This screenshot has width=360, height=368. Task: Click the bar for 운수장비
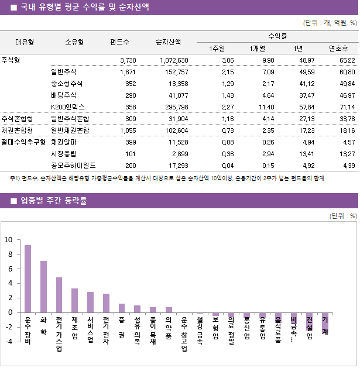[x=28, y=278]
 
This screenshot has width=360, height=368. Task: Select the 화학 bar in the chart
[x=43, y=287]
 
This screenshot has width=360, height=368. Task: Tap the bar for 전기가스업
[x=59, y=295]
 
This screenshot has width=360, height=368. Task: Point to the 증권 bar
[x=122, y=308]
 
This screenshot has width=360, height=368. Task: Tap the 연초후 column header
[x=338, y=49]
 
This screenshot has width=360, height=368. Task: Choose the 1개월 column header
[x=257, y=49]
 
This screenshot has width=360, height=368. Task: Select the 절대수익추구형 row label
[x=23, y=142]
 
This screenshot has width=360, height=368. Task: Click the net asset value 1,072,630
[x=173, y=60]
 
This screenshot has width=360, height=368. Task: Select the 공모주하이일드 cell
[x=74, y=166]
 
